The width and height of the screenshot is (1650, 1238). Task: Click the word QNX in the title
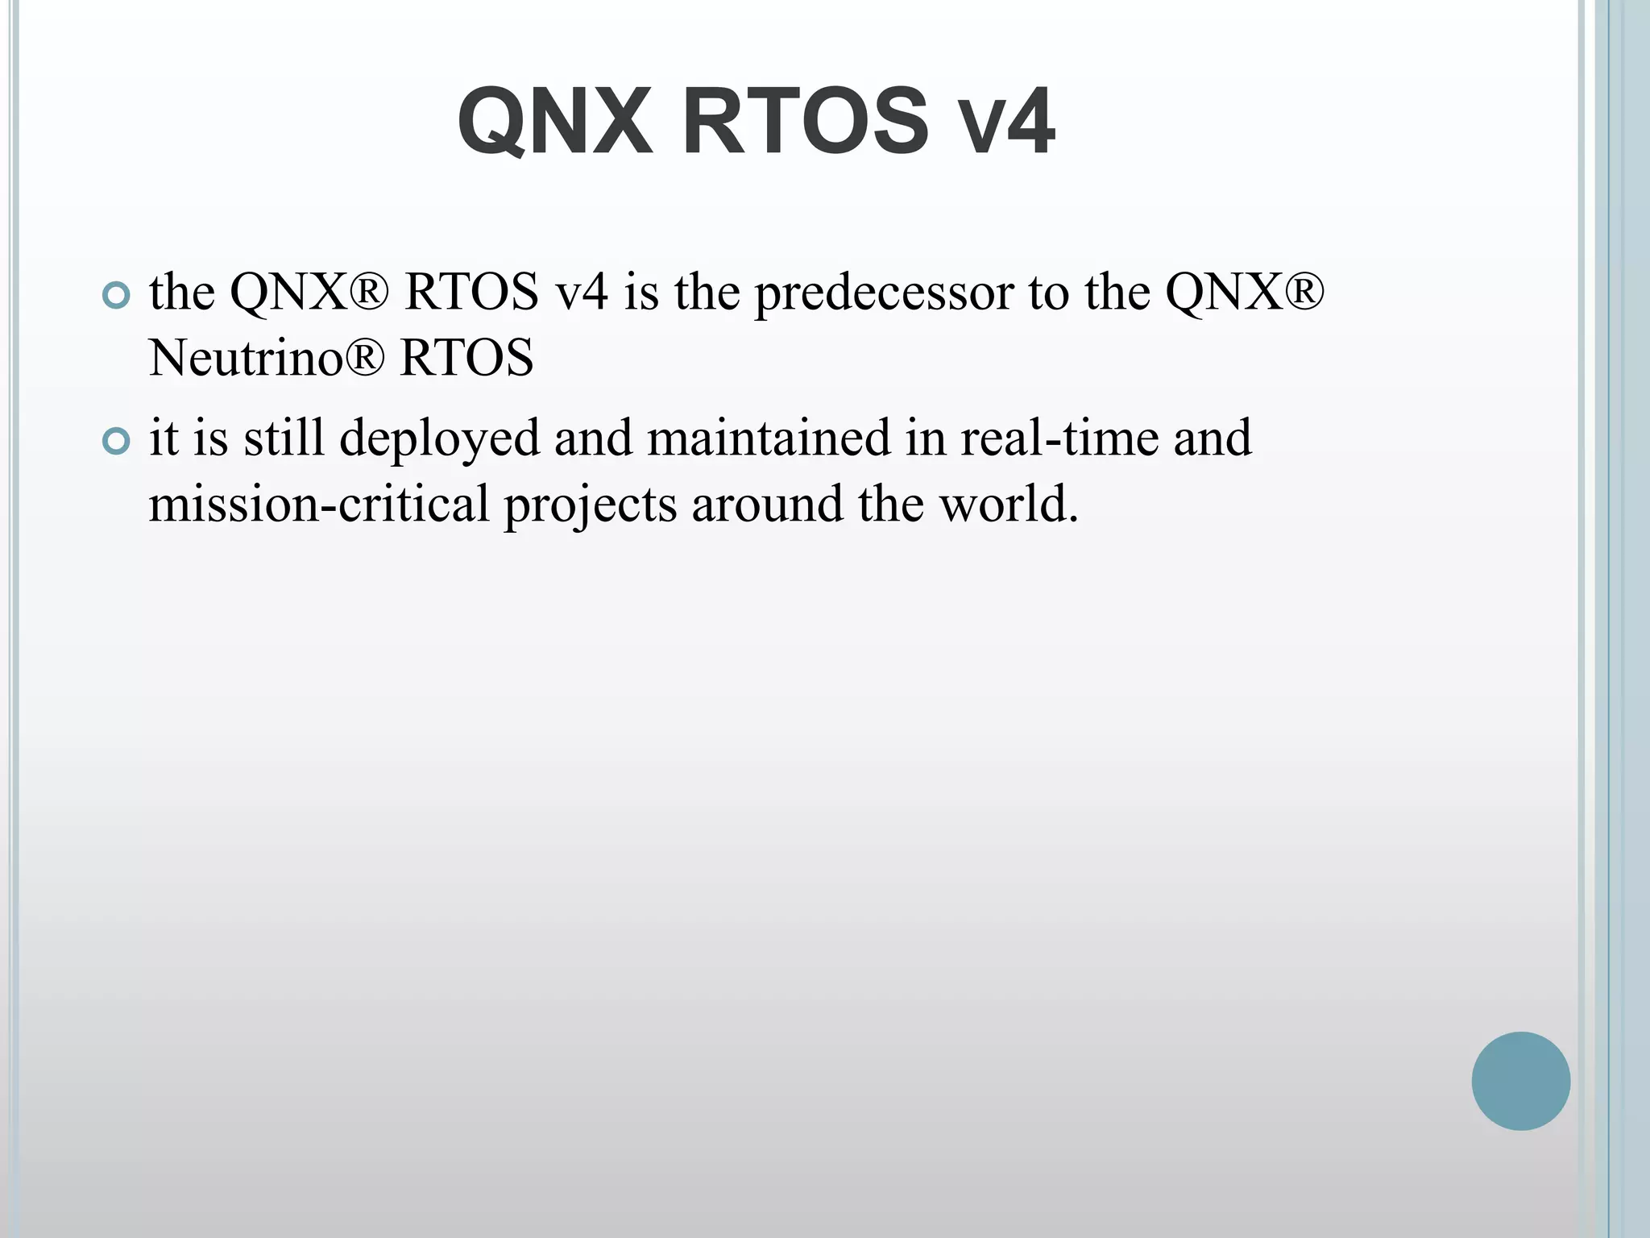[x=554, y=122]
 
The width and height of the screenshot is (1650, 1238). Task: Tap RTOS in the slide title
[x=806, y=122]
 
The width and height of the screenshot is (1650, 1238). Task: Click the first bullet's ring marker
[x=117, y=296]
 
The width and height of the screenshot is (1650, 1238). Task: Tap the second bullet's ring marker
[x=117, y=442]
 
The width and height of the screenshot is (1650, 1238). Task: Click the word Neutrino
[x=247, y=357]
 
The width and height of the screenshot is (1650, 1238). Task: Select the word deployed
[x=439, y=439]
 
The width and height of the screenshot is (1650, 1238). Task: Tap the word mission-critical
[x=319, y=504]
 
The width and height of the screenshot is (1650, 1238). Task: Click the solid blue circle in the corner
[x=1520, y=1081]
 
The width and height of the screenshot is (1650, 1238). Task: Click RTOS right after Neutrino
[x=466, y=357]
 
